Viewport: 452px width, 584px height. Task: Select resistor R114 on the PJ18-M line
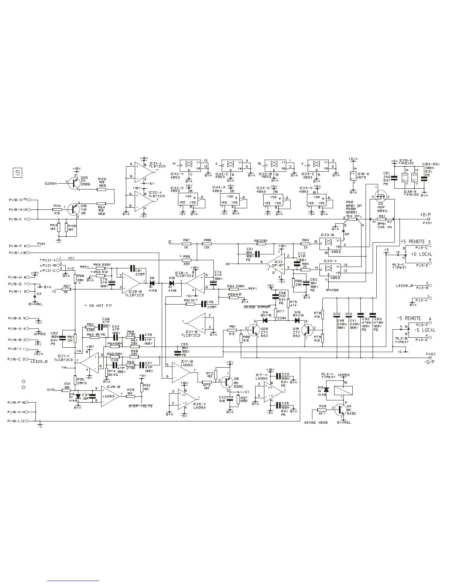click(x=57, y=209)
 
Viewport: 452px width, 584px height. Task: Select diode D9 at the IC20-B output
click(x=152, y=283)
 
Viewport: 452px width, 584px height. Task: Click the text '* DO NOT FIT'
click(x=98, y=306)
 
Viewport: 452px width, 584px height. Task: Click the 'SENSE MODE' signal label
click(x=316, y=423)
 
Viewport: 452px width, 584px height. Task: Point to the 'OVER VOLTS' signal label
click(x=140, y=406)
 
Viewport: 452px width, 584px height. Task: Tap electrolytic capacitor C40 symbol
click(x=337, y=315)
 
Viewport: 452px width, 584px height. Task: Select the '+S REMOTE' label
click(x=413, y=241)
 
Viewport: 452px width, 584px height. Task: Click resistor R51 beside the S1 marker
click(x=381, y=219)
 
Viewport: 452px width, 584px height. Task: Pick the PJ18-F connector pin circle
click(x=30, y=246)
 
